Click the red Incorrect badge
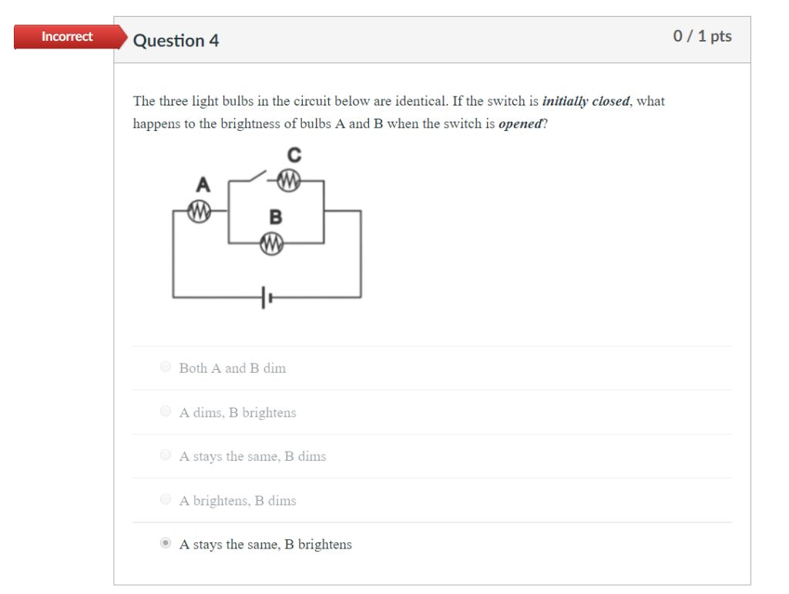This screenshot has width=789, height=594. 68,37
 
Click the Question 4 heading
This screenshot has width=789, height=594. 176,41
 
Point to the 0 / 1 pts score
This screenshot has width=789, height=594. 702,36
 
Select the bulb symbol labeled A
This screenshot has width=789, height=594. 200,210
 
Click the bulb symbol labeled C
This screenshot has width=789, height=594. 289,181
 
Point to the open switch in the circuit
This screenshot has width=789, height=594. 253,178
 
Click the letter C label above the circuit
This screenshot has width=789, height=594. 294,156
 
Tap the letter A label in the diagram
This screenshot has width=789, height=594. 203,185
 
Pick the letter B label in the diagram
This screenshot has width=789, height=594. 275,217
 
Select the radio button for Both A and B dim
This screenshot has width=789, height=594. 166,367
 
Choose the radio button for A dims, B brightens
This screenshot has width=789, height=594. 166,411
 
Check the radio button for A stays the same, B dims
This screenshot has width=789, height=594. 166,455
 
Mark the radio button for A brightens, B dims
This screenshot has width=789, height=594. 166,499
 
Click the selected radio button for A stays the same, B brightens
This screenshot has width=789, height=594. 166,544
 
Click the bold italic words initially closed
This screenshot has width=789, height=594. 586,101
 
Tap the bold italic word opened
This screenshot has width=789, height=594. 520,124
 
